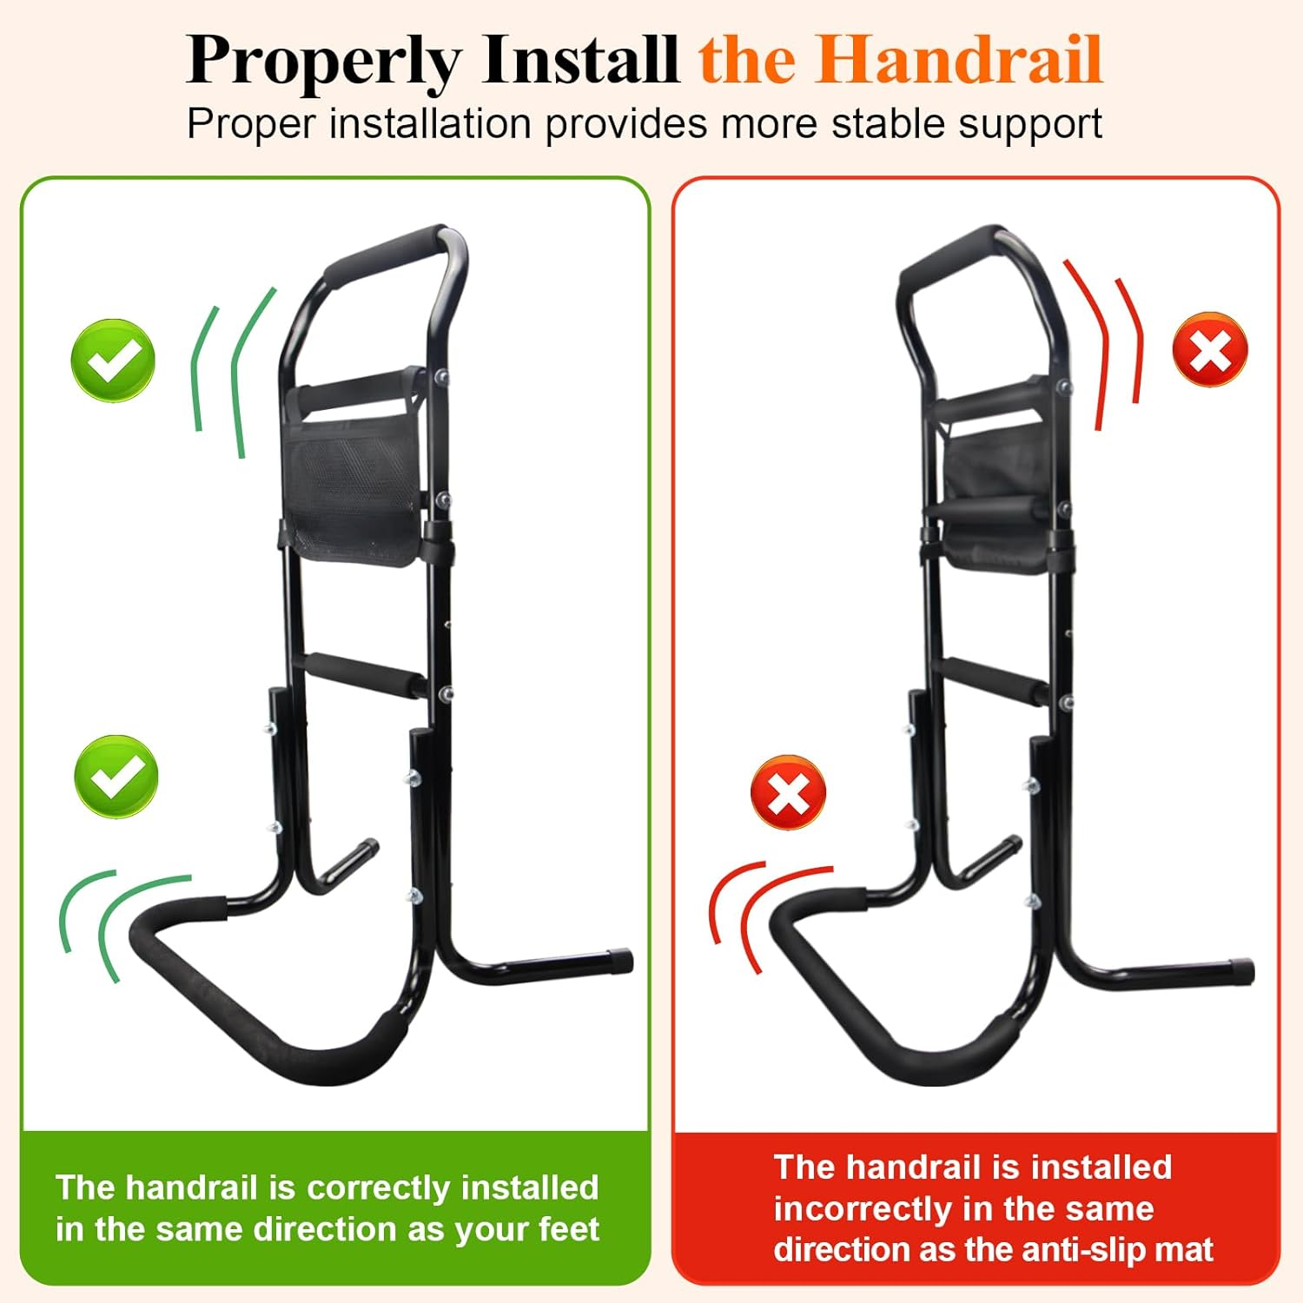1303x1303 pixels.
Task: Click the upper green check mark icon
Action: pos(113,360)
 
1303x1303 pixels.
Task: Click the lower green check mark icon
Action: pos(116,776)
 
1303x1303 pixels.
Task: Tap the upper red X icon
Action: pos(1210,350)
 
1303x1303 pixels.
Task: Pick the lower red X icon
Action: pos(788,792)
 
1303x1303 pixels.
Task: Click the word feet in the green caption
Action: pos(569,1229)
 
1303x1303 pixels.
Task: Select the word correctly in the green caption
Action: pos(382,1187)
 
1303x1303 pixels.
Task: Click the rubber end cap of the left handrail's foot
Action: pos(620,961)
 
